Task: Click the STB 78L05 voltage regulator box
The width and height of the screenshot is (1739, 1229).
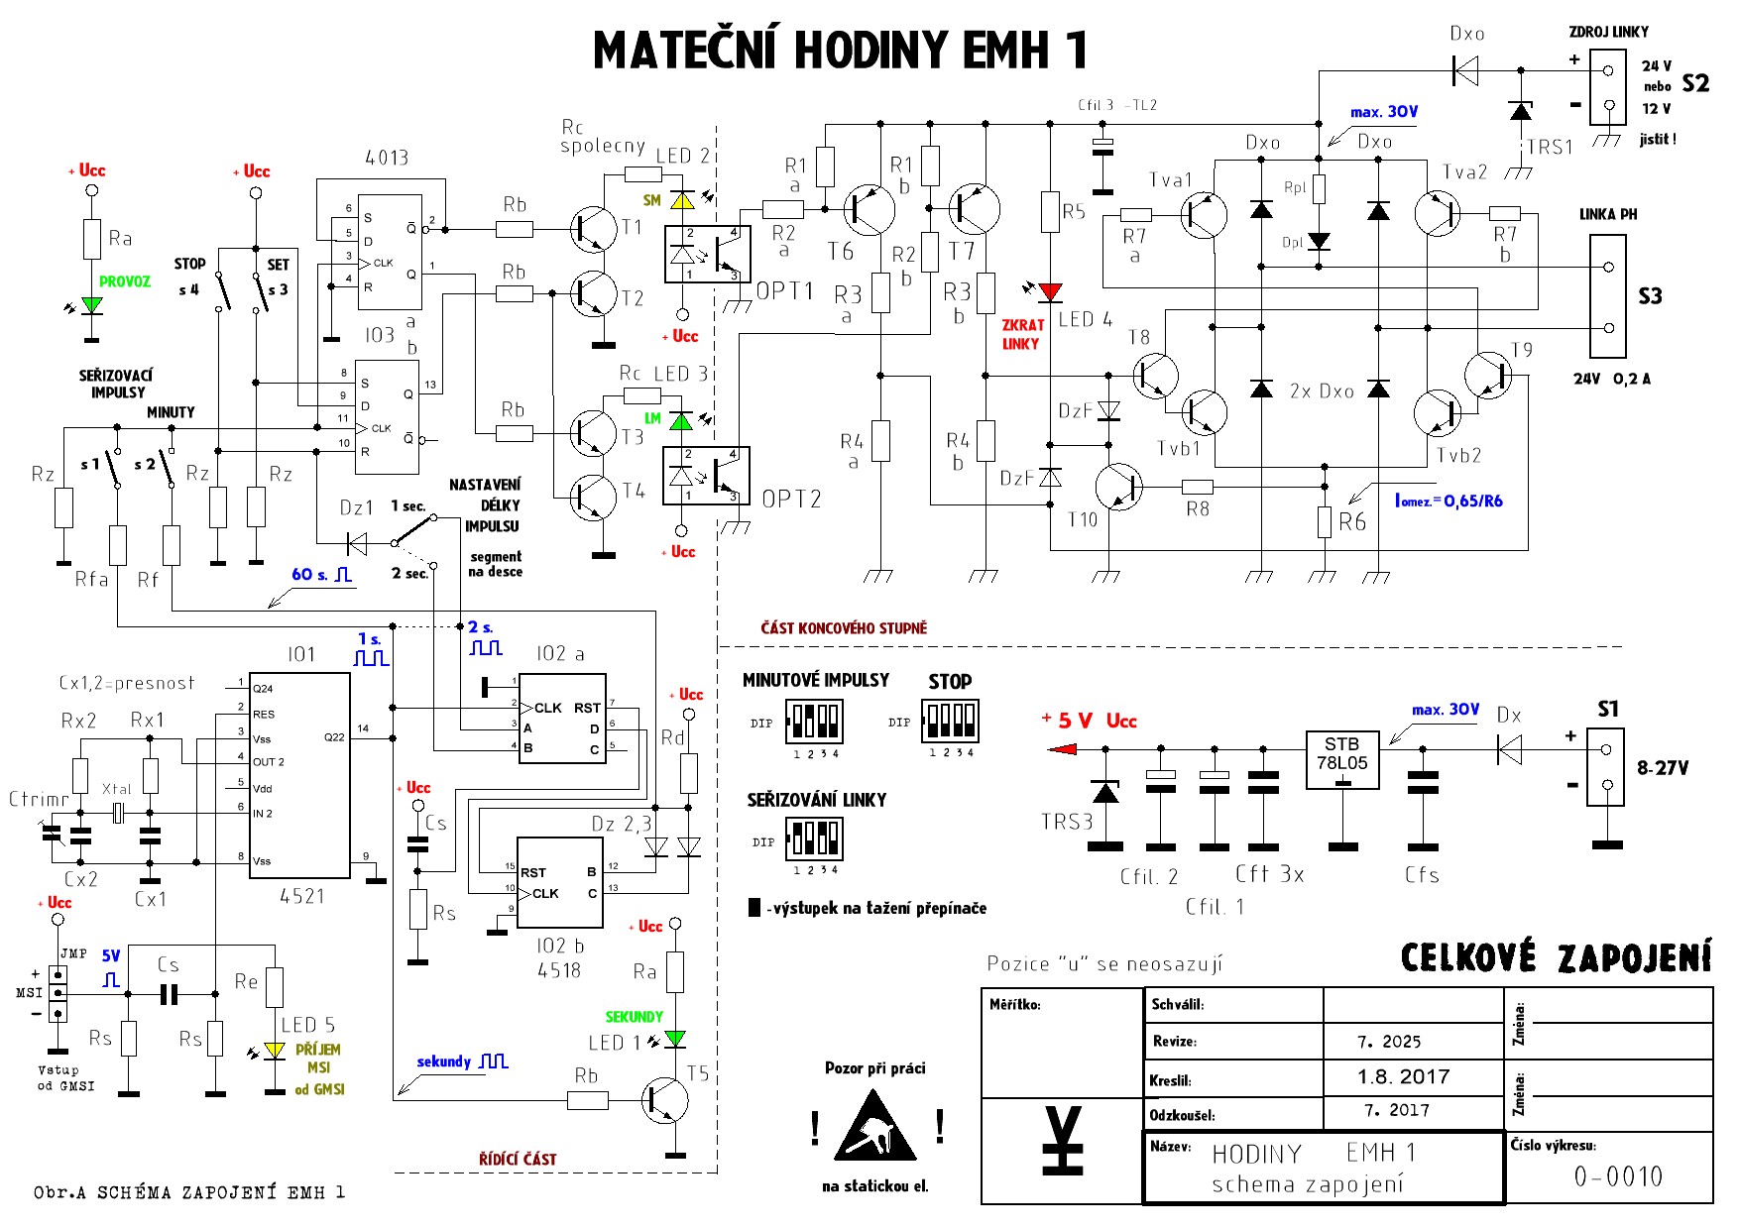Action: pyautogui.click(x=1342, y=760)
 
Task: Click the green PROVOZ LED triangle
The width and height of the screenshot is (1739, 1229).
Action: pyautogui.click(x=91, y=305)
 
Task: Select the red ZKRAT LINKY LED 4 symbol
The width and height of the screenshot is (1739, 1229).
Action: pyautogui.click(x=1051, y=291)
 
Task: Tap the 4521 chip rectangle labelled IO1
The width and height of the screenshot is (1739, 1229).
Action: pyautogui.click(x=298, y=775)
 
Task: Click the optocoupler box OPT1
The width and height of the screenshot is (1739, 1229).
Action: pyautogui.click(x=707, y=254)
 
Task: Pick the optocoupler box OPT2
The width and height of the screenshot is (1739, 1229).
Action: pyautogui.click(x=706, y=477)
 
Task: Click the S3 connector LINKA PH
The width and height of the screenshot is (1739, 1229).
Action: pyautogui.click(x=1607, y=295)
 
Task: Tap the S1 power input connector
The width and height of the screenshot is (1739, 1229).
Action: pyautogui.click(x=1605, y=767)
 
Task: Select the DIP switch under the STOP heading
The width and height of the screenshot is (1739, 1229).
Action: pyautogui.click(x=950, y=721)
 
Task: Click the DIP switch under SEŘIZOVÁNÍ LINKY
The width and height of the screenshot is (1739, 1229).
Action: pyautogui.click(x=814, y=838)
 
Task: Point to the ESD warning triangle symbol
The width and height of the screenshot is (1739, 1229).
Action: pyautogui.click(x=874, y=1127)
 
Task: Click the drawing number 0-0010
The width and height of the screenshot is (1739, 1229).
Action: pyautogui.click(x=1618, y=1176)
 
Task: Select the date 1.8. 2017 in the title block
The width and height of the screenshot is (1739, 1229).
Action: pyautogui.click(x=1403, y=1077)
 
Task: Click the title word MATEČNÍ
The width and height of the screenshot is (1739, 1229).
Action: pyautogui.click(x=684, y=51)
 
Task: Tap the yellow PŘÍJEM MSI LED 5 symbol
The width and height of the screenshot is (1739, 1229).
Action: pyautogui.click(x=275, y=1050)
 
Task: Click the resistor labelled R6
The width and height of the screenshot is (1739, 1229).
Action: pyautogui.click(x=1324, y=522)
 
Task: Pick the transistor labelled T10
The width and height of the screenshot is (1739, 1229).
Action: pyautogui.click(x=1118, y=488)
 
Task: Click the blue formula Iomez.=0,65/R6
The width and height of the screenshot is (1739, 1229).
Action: pyautogui.click(x=1449, y=502)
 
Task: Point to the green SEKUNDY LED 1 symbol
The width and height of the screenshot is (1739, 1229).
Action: pyautogui.click(x=675, y=1039)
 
